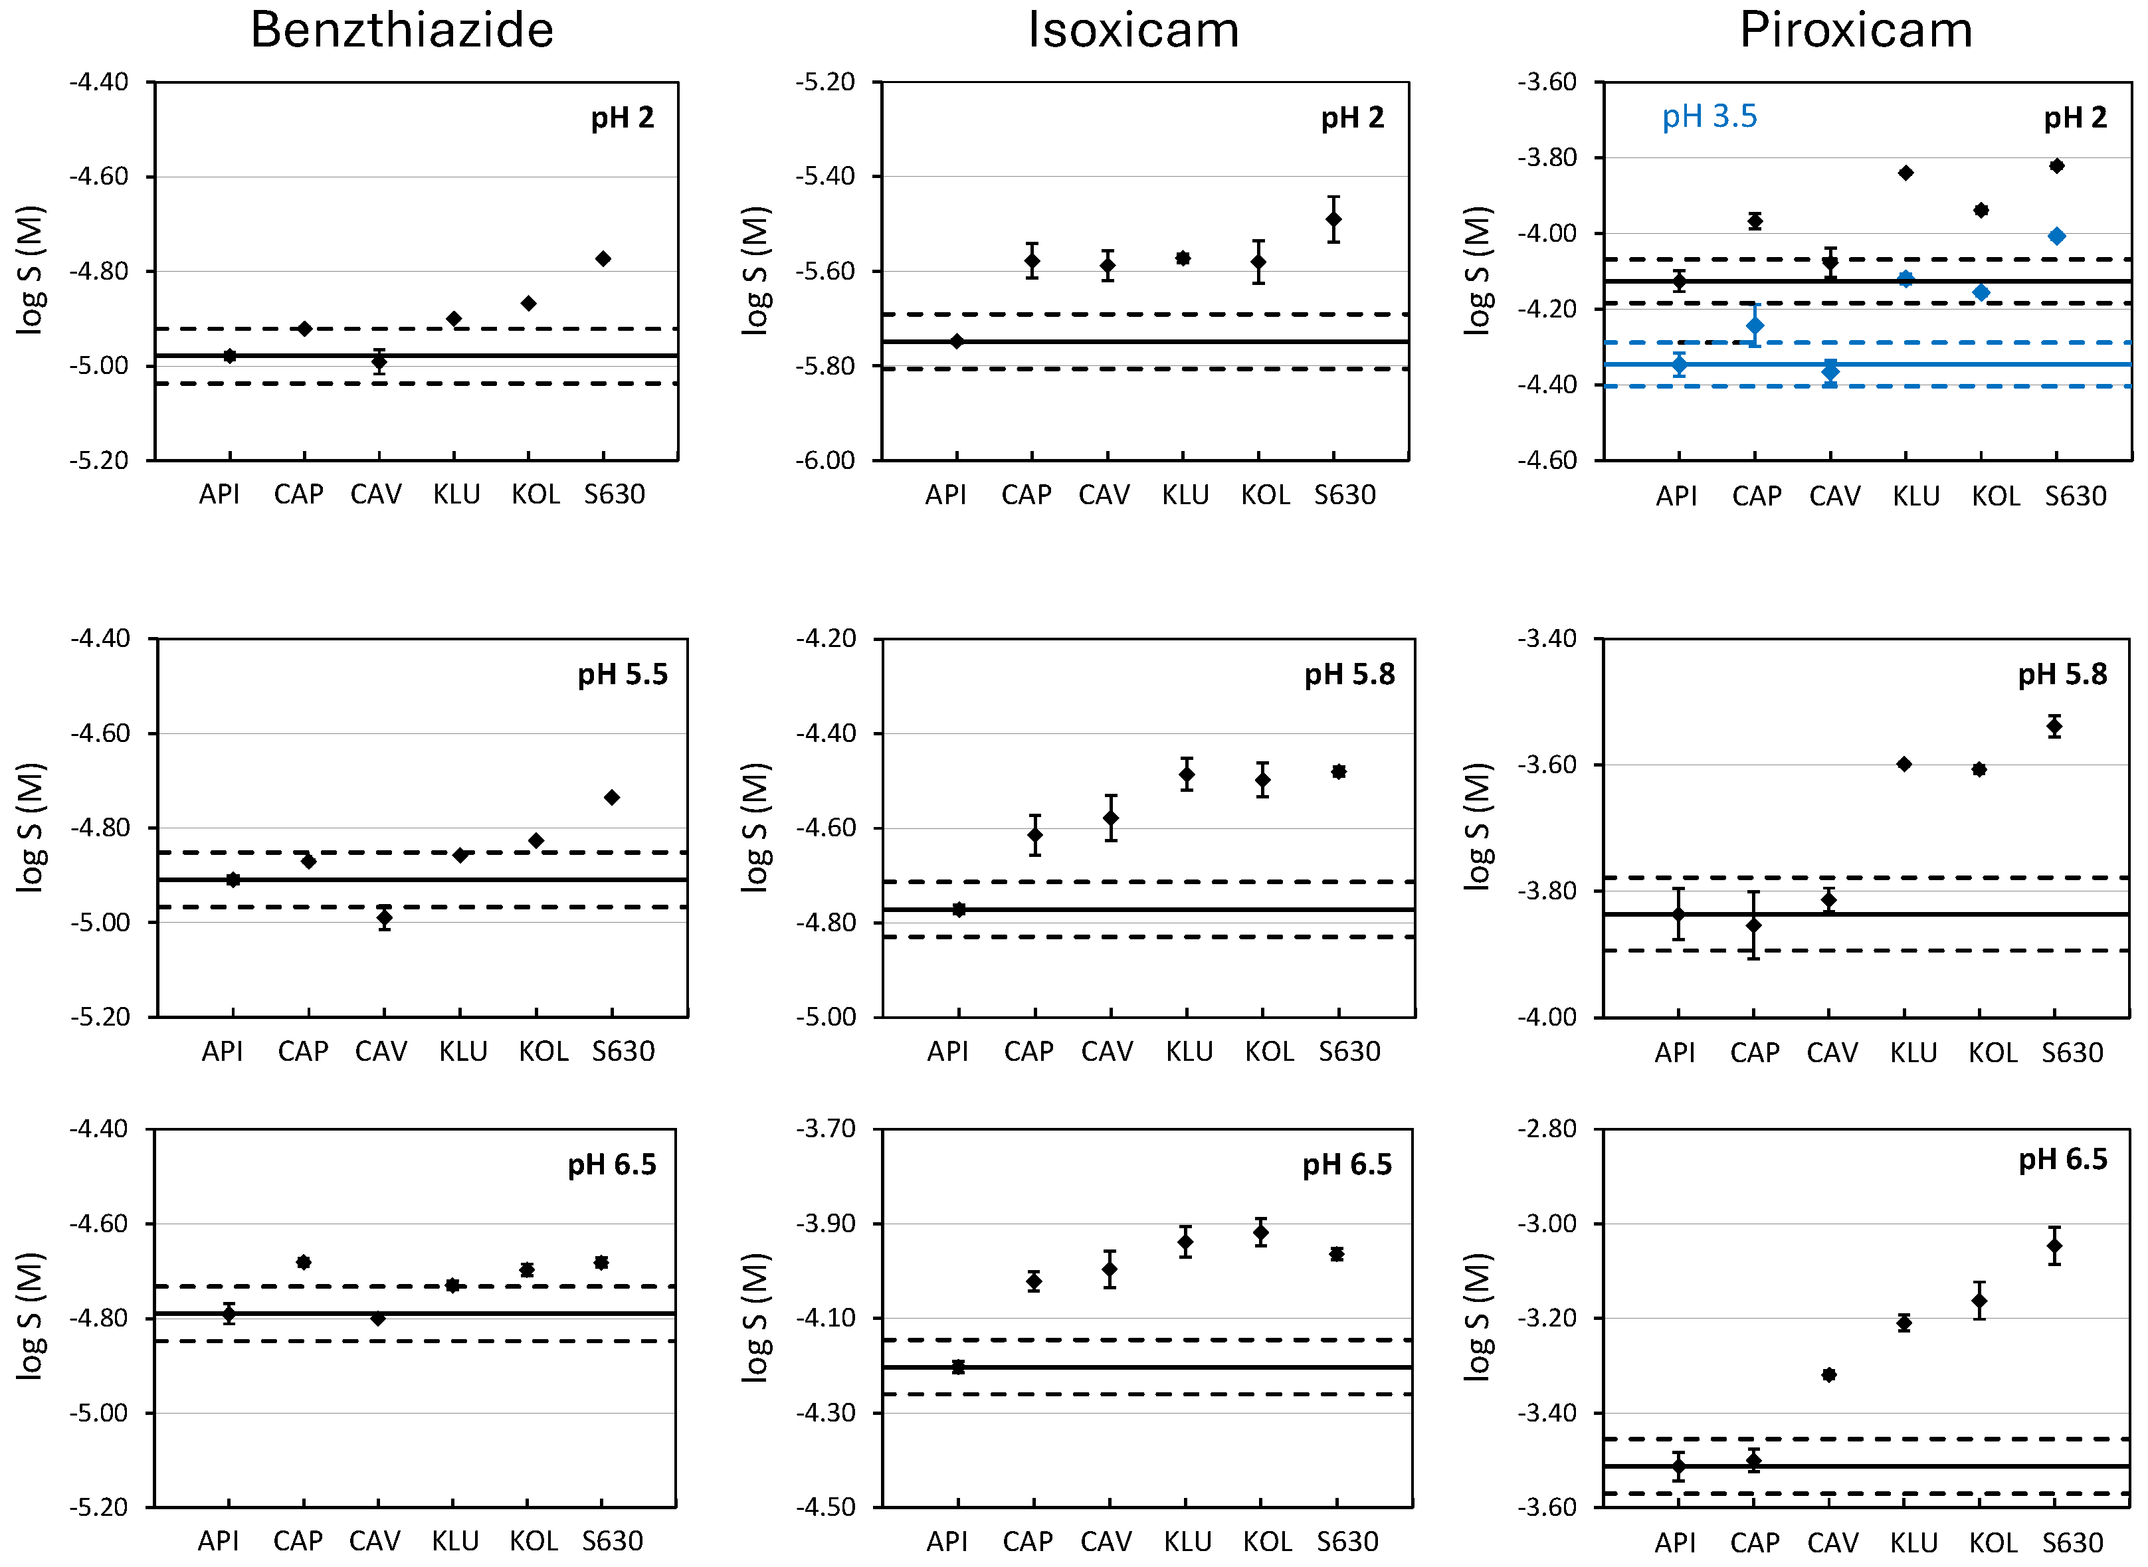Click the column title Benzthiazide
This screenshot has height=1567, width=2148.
[401, 31]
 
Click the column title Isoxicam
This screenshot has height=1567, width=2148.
[1133, 31]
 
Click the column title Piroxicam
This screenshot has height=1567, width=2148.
[1855, 31]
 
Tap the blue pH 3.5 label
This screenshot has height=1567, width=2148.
[1709, 117]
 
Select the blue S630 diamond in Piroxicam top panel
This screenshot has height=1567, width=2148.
[2056, 236]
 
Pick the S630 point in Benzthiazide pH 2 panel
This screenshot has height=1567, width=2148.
[603, 259]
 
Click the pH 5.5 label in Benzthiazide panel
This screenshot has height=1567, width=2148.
[623, 674]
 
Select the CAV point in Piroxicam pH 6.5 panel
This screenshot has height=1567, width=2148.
[1828, 1374]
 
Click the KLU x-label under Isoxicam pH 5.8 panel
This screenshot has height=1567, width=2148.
[1189, 1051]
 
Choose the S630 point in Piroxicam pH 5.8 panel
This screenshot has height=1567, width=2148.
[2054, 727]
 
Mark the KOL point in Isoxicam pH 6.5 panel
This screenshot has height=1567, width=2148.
[1260, 1233]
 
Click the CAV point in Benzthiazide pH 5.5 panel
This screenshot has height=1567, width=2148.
[383, 917]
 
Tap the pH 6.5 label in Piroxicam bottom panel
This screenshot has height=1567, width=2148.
[2062, 1159]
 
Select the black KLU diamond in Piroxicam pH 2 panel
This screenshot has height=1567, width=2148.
[1904, 173]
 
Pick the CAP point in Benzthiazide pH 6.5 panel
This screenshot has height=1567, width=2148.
[304, 1263]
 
